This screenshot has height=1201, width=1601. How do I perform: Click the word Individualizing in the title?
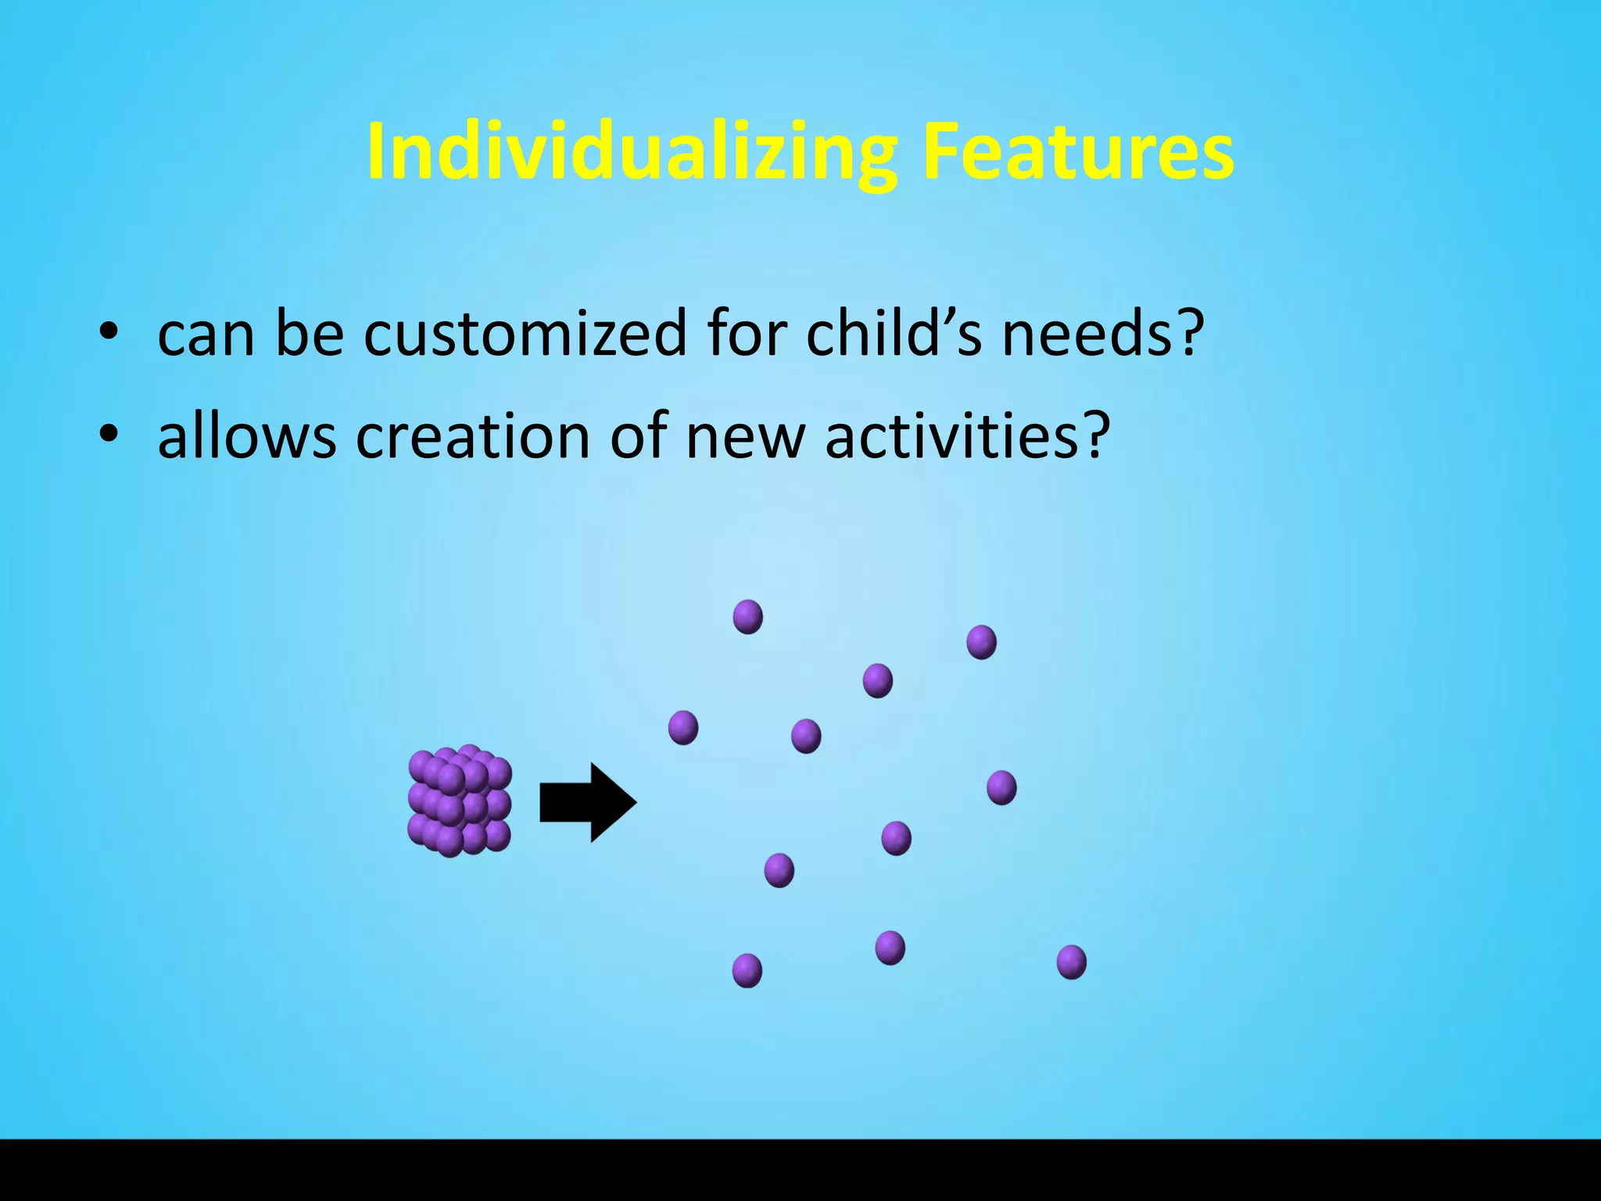630,152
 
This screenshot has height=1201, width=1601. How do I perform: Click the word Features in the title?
1077,152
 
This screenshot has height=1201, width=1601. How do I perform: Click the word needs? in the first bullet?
1102,334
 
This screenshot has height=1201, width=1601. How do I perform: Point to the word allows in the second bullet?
246,436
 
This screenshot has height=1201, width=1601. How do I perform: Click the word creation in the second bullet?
472,436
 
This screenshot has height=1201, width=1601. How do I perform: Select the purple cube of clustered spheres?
460,801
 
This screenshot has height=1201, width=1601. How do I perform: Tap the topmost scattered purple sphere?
747,617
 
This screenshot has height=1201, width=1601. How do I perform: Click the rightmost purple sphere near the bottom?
1071,962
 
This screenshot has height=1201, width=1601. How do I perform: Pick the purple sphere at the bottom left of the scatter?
747,970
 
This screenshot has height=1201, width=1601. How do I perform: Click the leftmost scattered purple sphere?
682,727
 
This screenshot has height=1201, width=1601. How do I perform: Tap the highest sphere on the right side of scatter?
981,642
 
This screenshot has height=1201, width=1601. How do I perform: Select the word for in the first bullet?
745,334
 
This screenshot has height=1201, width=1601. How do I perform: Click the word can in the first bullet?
206,334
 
